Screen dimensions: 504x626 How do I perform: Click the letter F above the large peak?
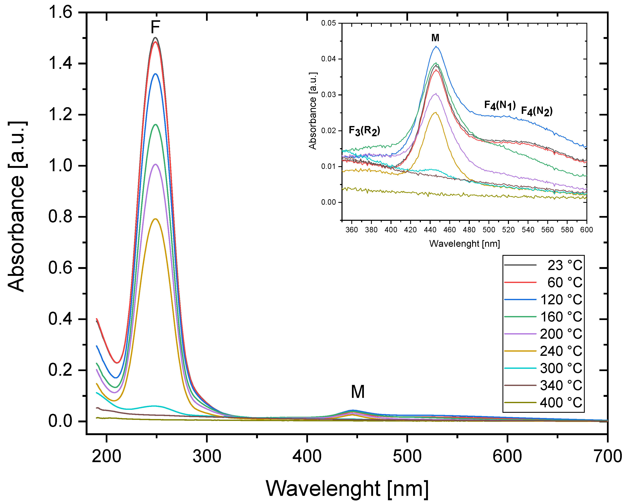[x=155, y=27]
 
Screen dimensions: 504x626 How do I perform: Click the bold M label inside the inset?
[x=435, y=38]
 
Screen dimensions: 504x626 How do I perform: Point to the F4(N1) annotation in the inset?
[x=500, y=105]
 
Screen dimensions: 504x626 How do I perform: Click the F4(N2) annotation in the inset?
[x=537, y=111]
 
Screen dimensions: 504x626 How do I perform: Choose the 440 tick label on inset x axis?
[x=430, y=230]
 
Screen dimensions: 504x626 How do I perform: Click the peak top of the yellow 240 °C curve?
[x=155, y=219]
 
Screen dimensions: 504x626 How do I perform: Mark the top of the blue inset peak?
[x=436, y=46]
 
